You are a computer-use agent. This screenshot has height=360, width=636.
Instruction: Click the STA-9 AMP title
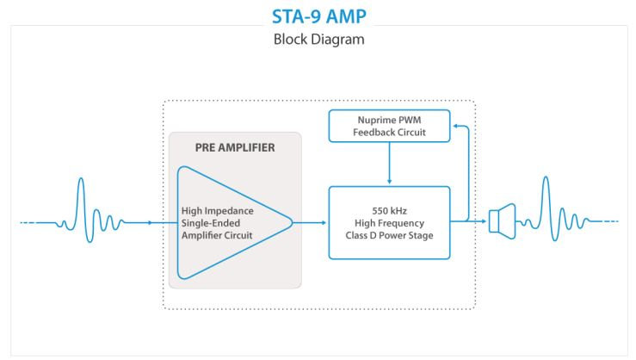coord(318,16)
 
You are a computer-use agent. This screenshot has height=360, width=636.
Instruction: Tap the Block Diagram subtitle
coord(318,40)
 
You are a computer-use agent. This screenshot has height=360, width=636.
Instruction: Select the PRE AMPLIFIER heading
coord(235,147)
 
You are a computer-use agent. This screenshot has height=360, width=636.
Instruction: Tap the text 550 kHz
coord(390,210)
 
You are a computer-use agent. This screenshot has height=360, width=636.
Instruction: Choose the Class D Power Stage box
coord(390,222)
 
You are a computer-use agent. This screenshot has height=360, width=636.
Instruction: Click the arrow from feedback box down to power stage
coord(390,164)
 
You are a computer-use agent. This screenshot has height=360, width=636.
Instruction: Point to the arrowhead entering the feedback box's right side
coord(454,127)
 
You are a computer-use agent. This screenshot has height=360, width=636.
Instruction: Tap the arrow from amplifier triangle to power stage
coord(312,222)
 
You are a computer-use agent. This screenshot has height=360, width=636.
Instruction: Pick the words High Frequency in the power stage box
coord(390,222)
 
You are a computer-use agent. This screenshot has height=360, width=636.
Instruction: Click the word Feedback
coord(376,133)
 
